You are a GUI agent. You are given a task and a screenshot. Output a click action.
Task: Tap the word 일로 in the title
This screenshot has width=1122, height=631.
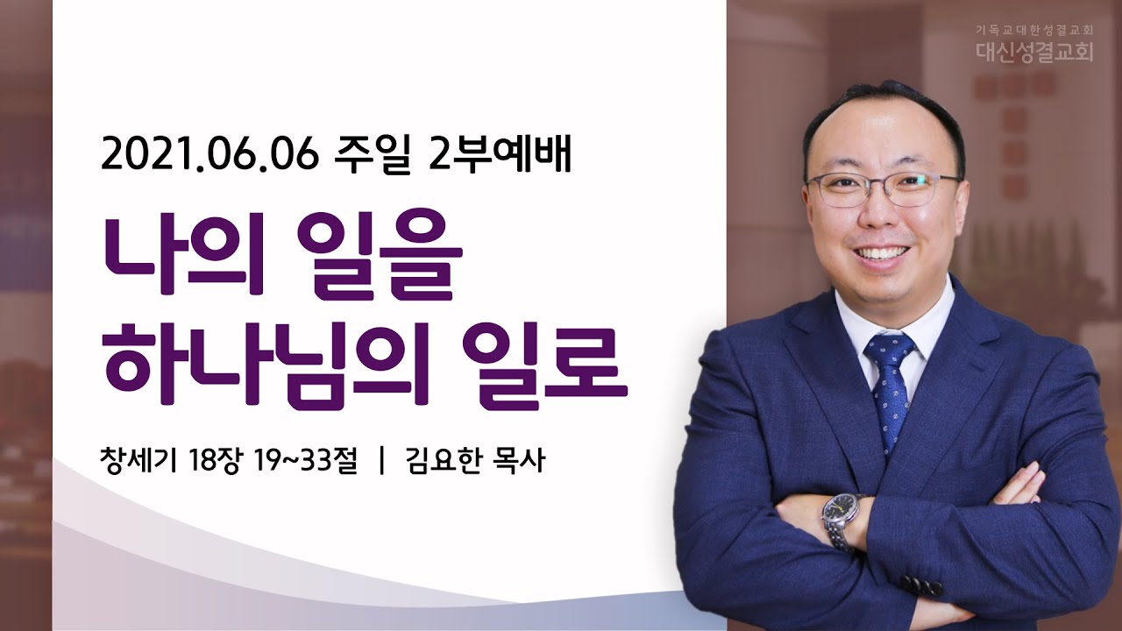[544, 365]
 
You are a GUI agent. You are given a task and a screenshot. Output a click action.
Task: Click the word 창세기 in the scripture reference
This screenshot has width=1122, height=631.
[138, 461]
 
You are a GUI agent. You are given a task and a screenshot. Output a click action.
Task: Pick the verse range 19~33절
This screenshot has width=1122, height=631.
[306, 461]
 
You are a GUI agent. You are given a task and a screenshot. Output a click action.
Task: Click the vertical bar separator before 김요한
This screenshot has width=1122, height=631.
[383, 461]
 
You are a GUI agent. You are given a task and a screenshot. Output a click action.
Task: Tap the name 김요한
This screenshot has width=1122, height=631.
[444, 461]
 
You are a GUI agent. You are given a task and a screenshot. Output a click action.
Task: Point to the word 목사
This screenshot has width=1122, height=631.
[520, 461]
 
